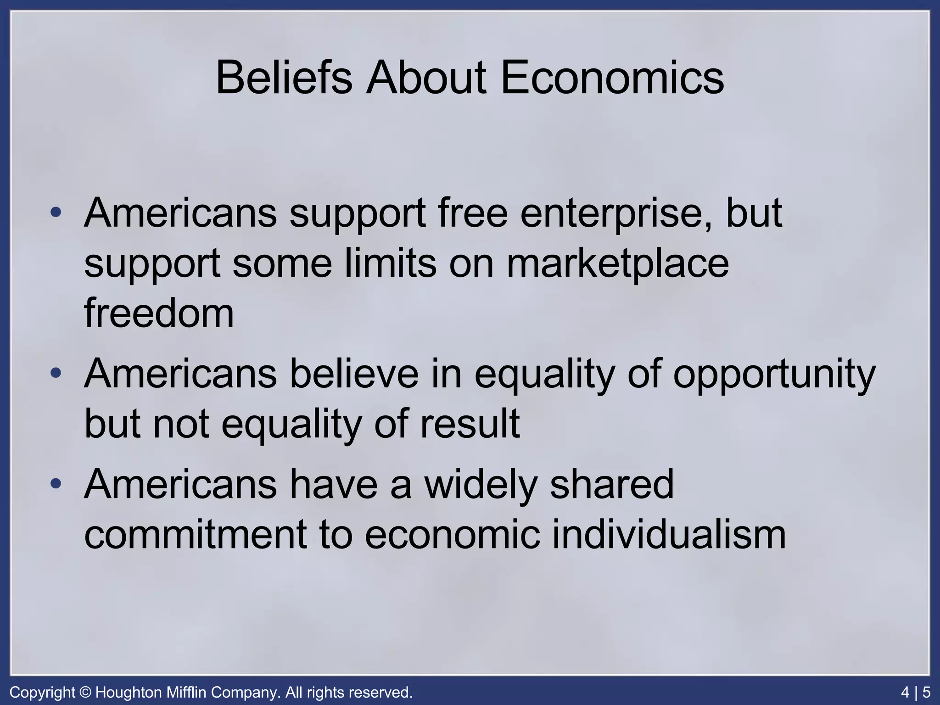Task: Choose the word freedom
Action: (x=159, y=313)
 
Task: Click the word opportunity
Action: (x=774, y=375)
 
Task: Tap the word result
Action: (x=470, y=424)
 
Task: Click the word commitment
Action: (x=196, y=535)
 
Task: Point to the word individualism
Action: (x=669, y=535)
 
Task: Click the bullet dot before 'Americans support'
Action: (x=56, y=213)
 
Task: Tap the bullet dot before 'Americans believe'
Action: (x=56, y=372)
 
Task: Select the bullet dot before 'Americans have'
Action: (x=56, y=483)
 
